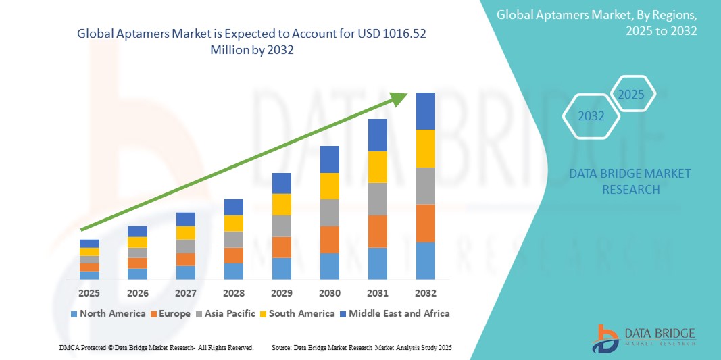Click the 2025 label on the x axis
click(x=89, y=293)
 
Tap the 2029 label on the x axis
click(x=281, y=293)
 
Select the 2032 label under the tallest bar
click(x=425, y=293)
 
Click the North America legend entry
click(x=107, y=313)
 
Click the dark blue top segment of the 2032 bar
click(x=425, y=111)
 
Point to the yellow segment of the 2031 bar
click(x=377, y=167)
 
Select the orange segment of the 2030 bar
click(x=329, y=239)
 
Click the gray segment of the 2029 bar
click(x=281, y=226)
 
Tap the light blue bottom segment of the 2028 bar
click(x=233, y=271)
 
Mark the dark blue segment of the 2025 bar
click(x=89, y=243)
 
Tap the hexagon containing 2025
click(x=632, y=95)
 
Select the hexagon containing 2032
click(x=591, y=116)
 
